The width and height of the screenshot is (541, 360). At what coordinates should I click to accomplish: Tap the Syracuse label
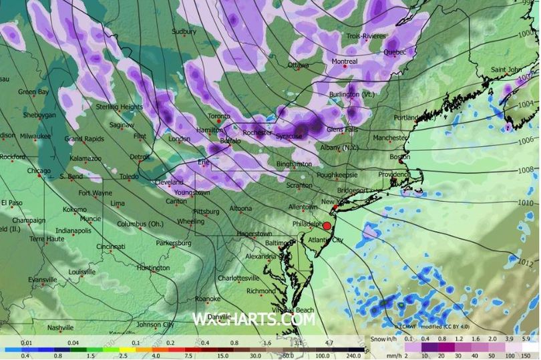289,136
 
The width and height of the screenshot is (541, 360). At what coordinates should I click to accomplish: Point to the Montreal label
345,61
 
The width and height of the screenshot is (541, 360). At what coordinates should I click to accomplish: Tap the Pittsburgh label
206,212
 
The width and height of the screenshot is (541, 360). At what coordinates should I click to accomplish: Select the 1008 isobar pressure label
526,170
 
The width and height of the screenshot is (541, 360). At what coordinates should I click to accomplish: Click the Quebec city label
395,52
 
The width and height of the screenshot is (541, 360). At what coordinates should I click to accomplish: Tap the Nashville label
60,327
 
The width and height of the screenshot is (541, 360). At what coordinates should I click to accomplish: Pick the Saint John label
506,69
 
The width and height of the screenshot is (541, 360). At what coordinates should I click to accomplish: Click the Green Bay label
32,92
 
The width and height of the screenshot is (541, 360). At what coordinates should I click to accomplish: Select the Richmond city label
260,291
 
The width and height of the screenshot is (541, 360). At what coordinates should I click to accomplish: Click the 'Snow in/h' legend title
387,339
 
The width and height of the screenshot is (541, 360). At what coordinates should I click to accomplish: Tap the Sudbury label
184,31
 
